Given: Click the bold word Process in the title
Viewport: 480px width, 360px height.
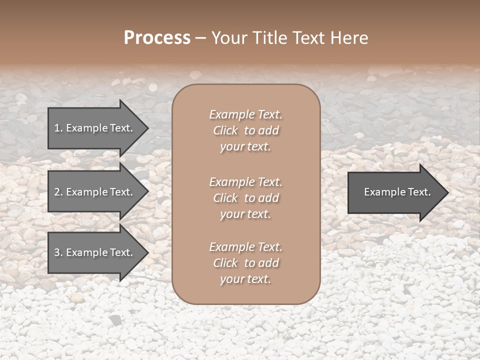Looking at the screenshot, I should click(157, 38).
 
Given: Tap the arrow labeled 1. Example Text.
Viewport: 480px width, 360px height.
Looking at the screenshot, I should click(94, 128).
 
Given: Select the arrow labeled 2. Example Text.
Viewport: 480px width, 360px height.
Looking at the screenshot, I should click(94, 192).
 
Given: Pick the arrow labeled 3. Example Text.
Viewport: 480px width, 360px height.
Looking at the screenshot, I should click(94, 253).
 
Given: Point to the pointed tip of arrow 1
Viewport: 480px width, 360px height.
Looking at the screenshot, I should click(147, 128).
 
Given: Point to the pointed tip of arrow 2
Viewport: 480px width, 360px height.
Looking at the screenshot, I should click(147, 192).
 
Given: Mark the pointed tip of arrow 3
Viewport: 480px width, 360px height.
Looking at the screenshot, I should click(147, 253).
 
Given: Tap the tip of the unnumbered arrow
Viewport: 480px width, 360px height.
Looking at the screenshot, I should click(447, 192).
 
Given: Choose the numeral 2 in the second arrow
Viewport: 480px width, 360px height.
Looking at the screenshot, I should click(57, 192).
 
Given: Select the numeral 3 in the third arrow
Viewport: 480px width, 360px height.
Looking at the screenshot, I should click(57, 253).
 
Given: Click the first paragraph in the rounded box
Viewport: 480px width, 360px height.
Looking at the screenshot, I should click(245, 130).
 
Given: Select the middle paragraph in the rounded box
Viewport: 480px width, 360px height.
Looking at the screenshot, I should click(245, 198).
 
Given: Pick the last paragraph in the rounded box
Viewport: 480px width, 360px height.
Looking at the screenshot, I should click(245, 263).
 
